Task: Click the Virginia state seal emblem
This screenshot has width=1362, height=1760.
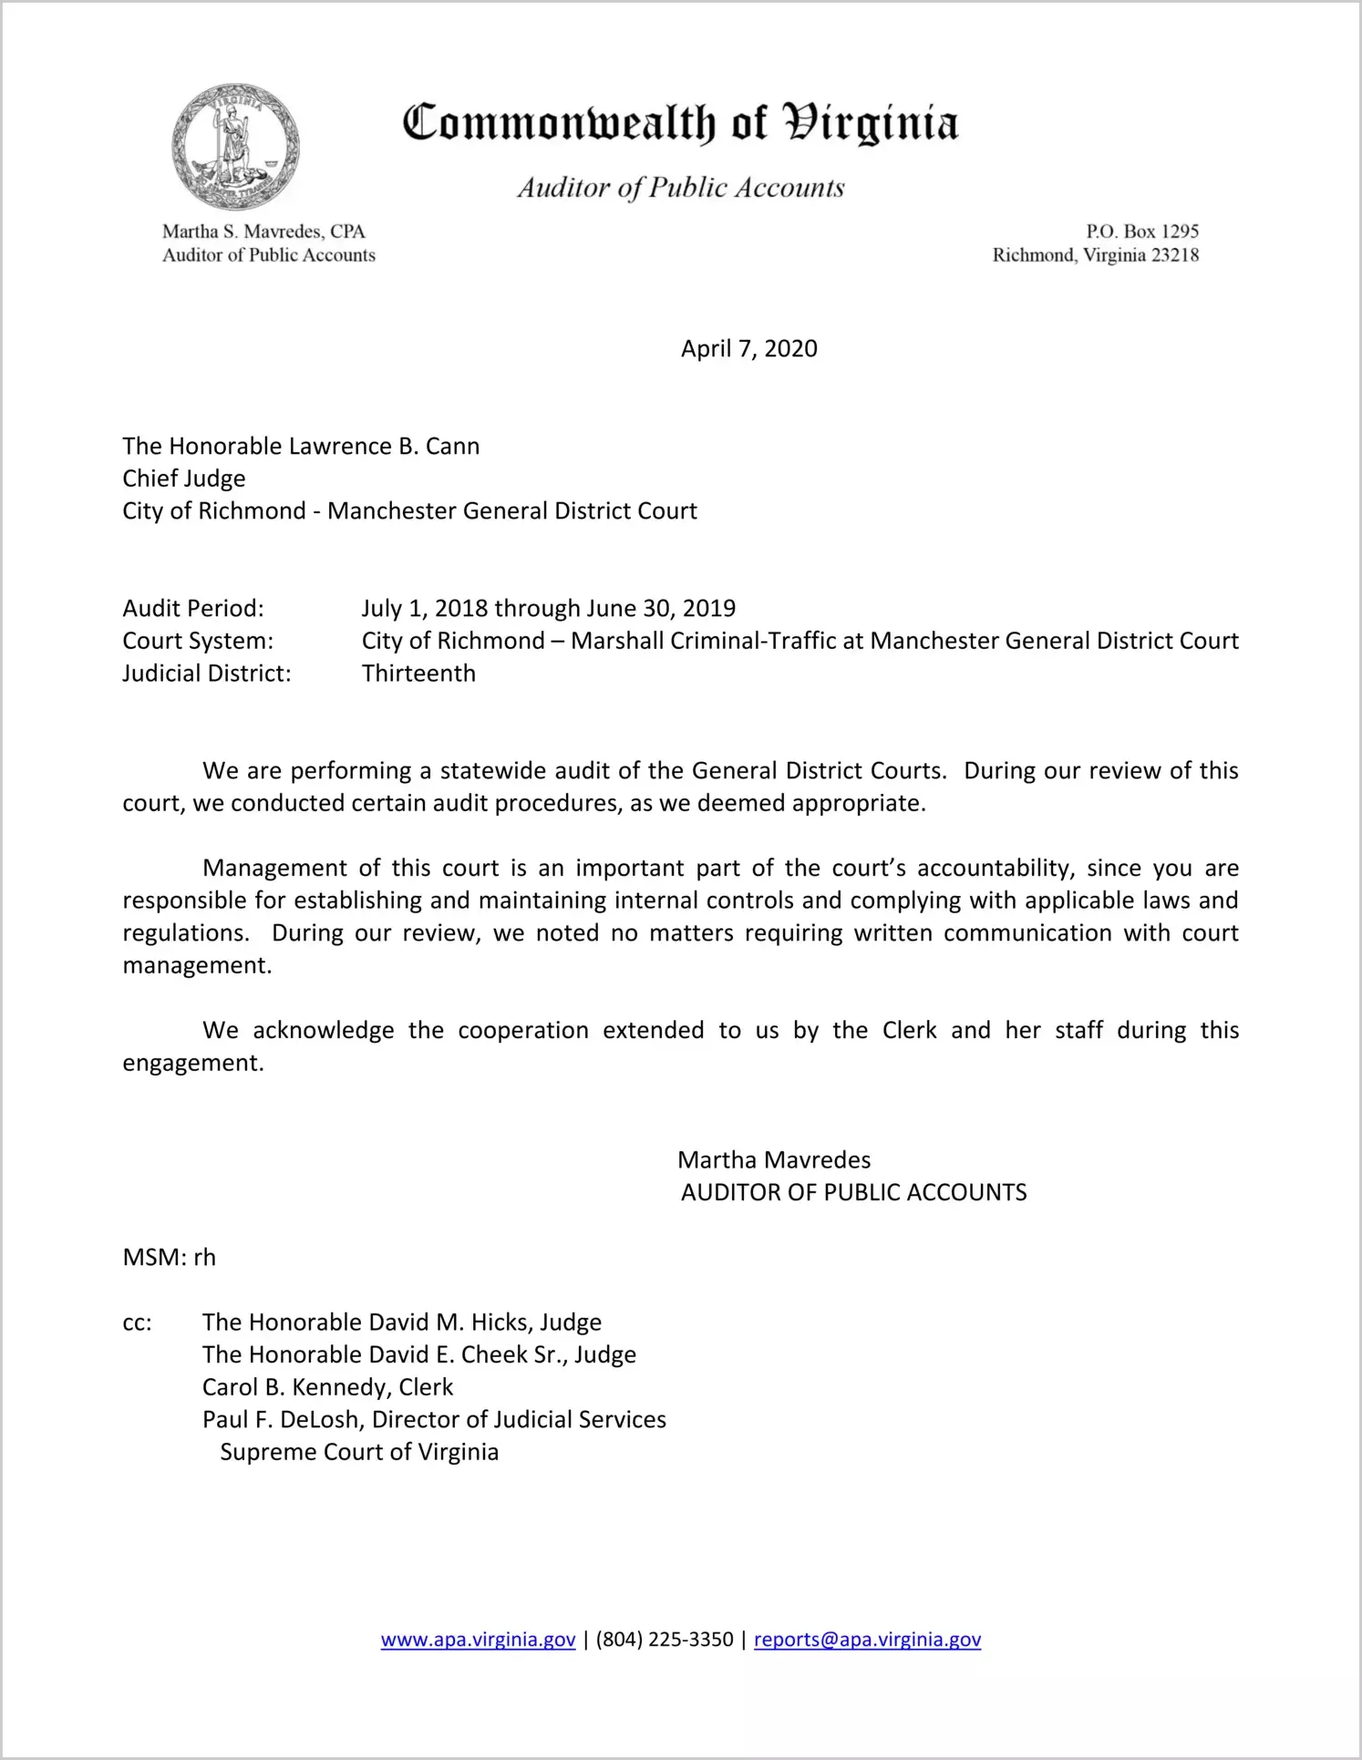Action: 235,147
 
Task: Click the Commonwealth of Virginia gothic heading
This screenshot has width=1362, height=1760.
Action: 680,123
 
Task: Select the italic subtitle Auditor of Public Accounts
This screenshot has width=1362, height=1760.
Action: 680,188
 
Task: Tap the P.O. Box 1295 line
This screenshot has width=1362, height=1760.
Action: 1141,232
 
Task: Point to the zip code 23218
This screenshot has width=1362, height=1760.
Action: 1174,255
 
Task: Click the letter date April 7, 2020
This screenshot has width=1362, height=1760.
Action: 748,349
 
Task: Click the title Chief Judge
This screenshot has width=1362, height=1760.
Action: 184,479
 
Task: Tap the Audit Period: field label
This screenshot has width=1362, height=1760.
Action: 193,609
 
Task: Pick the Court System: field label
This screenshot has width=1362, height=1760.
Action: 198,641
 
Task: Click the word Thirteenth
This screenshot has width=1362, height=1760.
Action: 418,674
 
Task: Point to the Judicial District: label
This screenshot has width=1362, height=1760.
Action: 207,674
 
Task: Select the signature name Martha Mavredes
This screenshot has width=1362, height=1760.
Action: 774,1160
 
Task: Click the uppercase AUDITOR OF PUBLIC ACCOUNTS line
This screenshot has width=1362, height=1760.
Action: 853,1192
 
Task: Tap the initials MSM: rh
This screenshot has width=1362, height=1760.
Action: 170,1258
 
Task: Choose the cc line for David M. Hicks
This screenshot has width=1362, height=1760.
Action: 402,1323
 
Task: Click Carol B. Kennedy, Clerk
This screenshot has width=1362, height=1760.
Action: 327,1387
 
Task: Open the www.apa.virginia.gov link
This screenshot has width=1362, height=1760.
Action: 478,1640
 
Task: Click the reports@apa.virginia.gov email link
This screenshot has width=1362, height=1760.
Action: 867,1640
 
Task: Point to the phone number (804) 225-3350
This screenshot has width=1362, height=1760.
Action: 665,1640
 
